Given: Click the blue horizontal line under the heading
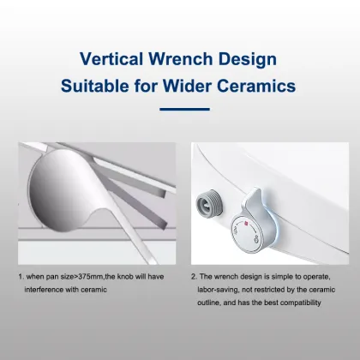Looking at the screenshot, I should coord(180,109).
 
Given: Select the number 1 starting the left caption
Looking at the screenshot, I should coord(20,278).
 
